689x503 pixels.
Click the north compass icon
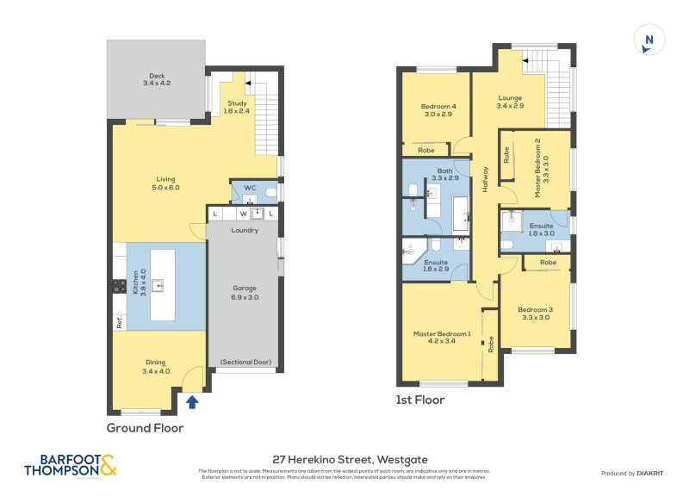click(649, 40)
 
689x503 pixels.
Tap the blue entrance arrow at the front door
click(192, 401)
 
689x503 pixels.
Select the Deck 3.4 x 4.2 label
click(156, 80)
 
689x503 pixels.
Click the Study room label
click(237, 107)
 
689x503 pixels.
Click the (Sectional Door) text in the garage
click(245, 362)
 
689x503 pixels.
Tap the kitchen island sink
click(158, 283)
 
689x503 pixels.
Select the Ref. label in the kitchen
click(120, 324)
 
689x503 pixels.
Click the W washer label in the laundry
click(244, 214)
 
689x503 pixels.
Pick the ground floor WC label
click(250, 187)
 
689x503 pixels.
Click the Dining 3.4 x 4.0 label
click(155, 367)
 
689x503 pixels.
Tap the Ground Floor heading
click(145, 427)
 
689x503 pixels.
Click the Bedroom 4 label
click(439, 109)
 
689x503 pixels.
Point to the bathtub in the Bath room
click(461, 215)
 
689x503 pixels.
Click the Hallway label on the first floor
click(486, 179)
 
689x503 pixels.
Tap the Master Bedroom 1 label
click(442, 338)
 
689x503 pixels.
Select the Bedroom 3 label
click(536, 313)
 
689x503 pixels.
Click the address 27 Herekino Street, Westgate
click(344, 460)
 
